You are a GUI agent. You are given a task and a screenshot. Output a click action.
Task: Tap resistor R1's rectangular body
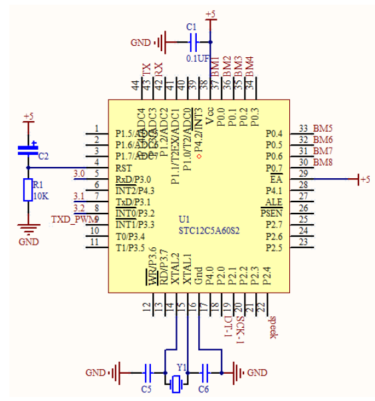click(x=28, y=190)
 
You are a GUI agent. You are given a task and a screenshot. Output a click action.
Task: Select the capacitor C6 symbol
click(x=206, y=371)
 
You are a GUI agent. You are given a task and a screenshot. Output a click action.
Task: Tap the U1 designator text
click(x=184, y=219)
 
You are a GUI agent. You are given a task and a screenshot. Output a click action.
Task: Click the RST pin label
click(x=124, y=168)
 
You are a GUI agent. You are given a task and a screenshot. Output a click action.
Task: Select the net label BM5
click(x=323, y=128)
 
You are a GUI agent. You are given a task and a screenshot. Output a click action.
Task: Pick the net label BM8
click(x=323, y=162)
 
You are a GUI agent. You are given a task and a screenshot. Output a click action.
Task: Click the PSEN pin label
click(x=271, y=213)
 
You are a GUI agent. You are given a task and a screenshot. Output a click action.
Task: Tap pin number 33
click(x=303, y=128)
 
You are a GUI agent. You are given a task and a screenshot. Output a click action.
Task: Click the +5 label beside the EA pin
click(x=364, y=180)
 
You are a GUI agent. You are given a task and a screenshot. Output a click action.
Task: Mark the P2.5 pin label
click(x=273, y=248)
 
